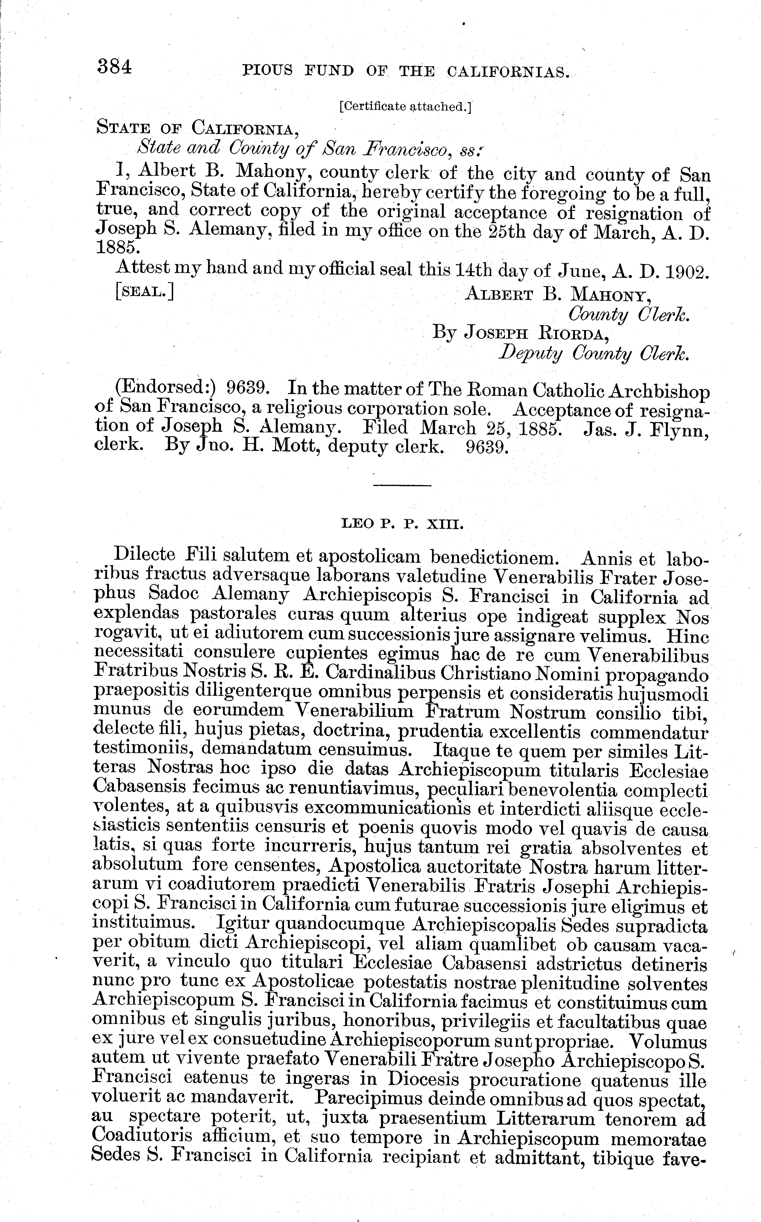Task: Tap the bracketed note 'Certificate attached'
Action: coord(405,106)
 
